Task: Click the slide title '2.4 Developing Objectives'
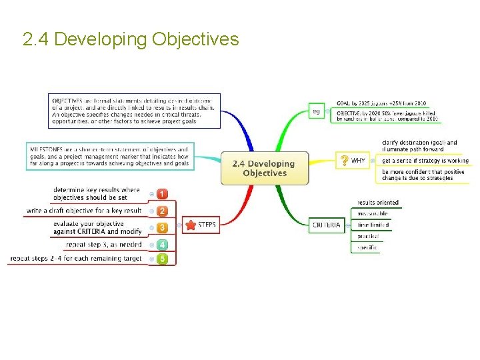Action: click(131, 39)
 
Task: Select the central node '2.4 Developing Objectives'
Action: click(265, 168)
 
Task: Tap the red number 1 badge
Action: click(162, 194)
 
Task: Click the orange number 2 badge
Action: click(162, 211)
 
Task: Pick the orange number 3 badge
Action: click(162, 227)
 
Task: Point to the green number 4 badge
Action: click(162, 245)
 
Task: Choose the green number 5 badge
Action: click(162, 259)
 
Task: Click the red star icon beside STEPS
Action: click(191, 225)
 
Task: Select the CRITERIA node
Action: click(327, 225)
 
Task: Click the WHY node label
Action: click(358, 161)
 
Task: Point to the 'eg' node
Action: click(316, 111)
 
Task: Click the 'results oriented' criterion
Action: click(378, 203)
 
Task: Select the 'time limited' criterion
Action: click(373, 225)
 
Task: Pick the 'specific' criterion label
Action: click(367, 247)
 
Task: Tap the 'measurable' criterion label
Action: click(373, 214)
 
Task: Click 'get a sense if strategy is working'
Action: click(425, 161)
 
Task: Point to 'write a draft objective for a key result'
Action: click(84, 211)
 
